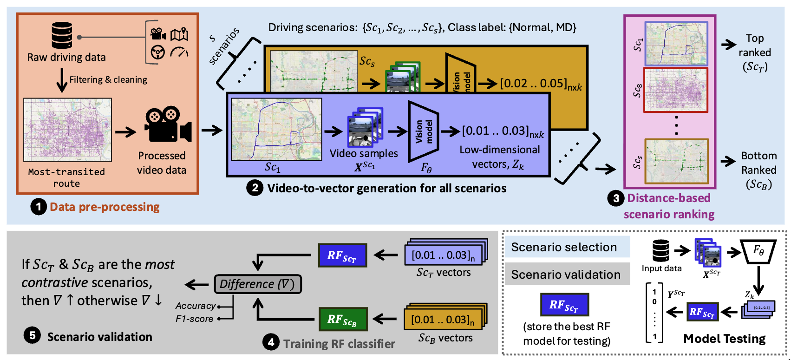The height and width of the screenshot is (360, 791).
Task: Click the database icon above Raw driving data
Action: click(62, 35)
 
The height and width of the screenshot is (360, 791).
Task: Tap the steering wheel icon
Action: click(158, 52)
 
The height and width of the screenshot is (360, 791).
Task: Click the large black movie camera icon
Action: click(168, 124)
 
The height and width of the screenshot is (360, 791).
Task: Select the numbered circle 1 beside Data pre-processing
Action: click(39, 207)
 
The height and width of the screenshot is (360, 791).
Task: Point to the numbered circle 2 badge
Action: click(255, 188)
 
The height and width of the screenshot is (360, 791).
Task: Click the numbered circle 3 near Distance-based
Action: click(616, 198)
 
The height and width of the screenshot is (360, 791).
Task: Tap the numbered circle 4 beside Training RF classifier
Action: click(271, 343)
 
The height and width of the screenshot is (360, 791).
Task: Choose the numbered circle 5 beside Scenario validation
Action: click(32, 335)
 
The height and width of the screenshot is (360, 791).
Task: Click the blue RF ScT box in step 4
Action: click(342, 255)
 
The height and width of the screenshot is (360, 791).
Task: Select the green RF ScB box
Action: click(343, 319)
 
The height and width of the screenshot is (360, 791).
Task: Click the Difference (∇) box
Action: click(258, 284)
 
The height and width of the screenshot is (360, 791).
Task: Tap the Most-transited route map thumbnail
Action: click(68, 130)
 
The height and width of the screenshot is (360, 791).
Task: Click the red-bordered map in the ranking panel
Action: click(676, 90)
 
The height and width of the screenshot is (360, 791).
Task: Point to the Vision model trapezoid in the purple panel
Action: click(424, 131)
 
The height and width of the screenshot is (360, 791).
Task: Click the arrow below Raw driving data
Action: click(61, 80)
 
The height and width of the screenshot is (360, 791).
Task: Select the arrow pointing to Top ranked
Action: click(728, 45)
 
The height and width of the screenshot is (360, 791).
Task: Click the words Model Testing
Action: click(724, 339)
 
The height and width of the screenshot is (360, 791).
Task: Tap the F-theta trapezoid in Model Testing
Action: click(758, 251)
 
